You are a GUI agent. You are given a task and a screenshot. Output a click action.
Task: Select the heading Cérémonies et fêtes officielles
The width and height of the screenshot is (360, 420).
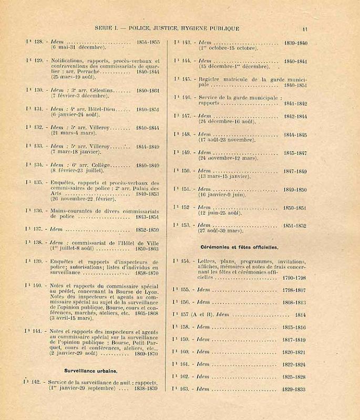239,246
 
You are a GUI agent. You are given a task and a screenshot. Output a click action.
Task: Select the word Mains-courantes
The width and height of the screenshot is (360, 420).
71,210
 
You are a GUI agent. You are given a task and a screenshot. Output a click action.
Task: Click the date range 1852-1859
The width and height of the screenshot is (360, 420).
147,229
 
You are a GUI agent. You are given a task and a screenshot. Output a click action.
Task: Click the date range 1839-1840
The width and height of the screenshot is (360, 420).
295,43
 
